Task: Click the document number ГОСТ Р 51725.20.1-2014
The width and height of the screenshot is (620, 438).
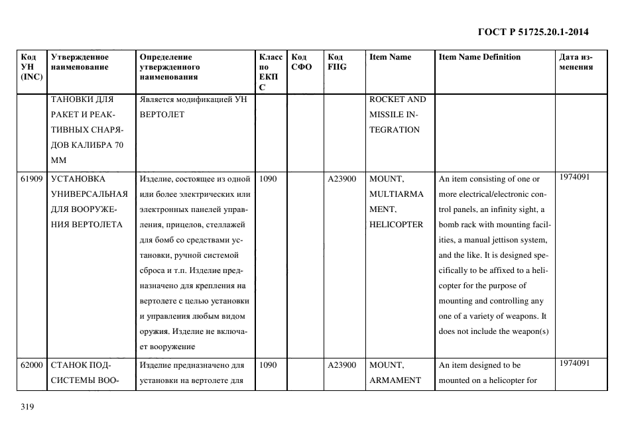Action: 532,32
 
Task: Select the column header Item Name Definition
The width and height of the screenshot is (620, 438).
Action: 479,57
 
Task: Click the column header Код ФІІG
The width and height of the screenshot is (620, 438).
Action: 336,62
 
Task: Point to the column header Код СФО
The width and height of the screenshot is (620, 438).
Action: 302,62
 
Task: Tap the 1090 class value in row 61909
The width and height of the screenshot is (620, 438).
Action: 269,179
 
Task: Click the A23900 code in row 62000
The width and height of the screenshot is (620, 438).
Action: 342,365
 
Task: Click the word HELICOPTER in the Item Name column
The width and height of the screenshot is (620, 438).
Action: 396,225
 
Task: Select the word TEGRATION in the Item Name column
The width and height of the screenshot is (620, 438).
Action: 395,130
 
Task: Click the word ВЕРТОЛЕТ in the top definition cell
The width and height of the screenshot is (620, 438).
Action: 162,115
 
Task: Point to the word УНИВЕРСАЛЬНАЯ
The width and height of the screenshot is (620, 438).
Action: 89,194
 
